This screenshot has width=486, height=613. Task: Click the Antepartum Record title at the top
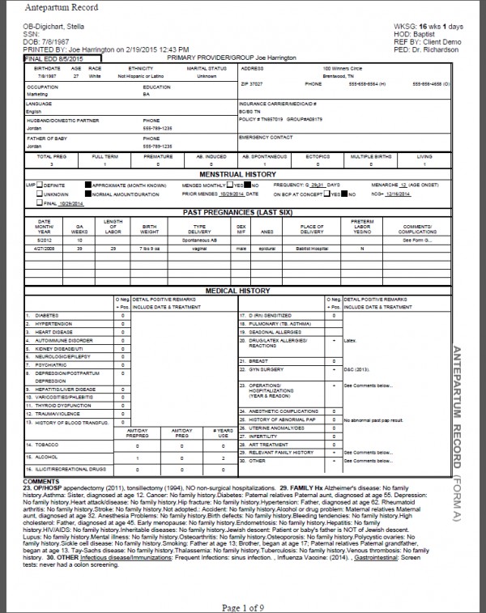[56, 8]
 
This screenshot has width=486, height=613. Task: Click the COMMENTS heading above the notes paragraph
[41, 481]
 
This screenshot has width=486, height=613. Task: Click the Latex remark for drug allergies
[349, 341]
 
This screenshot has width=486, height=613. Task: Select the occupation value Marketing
[36, 94]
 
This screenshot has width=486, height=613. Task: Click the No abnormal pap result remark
[373, 421]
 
